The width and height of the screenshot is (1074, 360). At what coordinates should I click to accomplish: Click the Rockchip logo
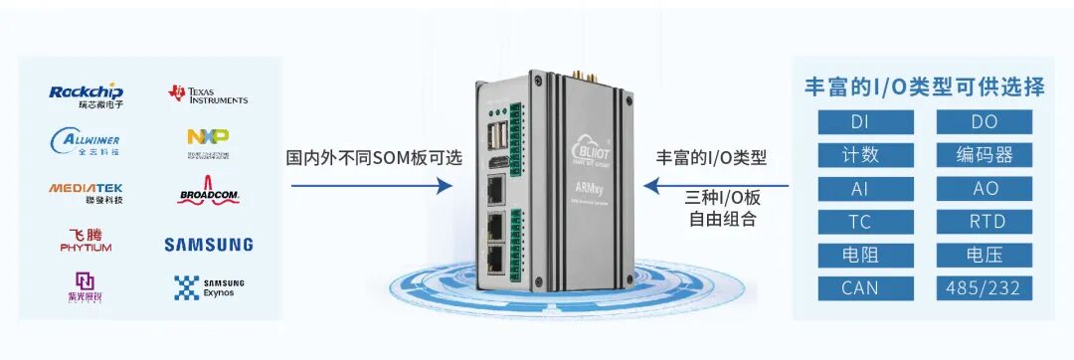(x=86, y=95)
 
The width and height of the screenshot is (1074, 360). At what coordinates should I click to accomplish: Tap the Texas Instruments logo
(x=208, y=95)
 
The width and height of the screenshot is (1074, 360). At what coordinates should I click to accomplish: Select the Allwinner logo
(x=86, y=140)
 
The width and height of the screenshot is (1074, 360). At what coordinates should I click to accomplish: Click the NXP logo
(x=208, y=140)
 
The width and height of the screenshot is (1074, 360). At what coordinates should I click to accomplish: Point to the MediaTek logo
(x=86, y=191)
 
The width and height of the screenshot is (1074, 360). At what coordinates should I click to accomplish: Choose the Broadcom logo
(x=208, y=191)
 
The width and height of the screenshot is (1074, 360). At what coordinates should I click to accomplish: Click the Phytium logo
(x=86, y=241)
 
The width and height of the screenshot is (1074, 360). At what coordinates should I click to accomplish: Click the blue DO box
(x=984, y=121)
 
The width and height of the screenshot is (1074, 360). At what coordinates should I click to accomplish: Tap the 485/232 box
(x=984, y=288)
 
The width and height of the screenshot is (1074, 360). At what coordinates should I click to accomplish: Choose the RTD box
(x=984, y=222)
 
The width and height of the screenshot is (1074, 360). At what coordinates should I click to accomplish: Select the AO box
(x=984, y=188)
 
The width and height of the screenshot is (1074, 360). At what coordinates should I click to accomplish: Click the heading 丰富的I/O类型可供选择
(x=924, y=87)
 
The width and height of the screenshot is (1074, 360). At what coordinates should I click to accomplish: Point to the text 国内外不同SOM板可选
(x=374, y=158)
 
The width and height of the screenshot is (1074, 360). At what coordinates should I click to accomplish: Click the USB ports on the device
(x=496, y=137)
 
